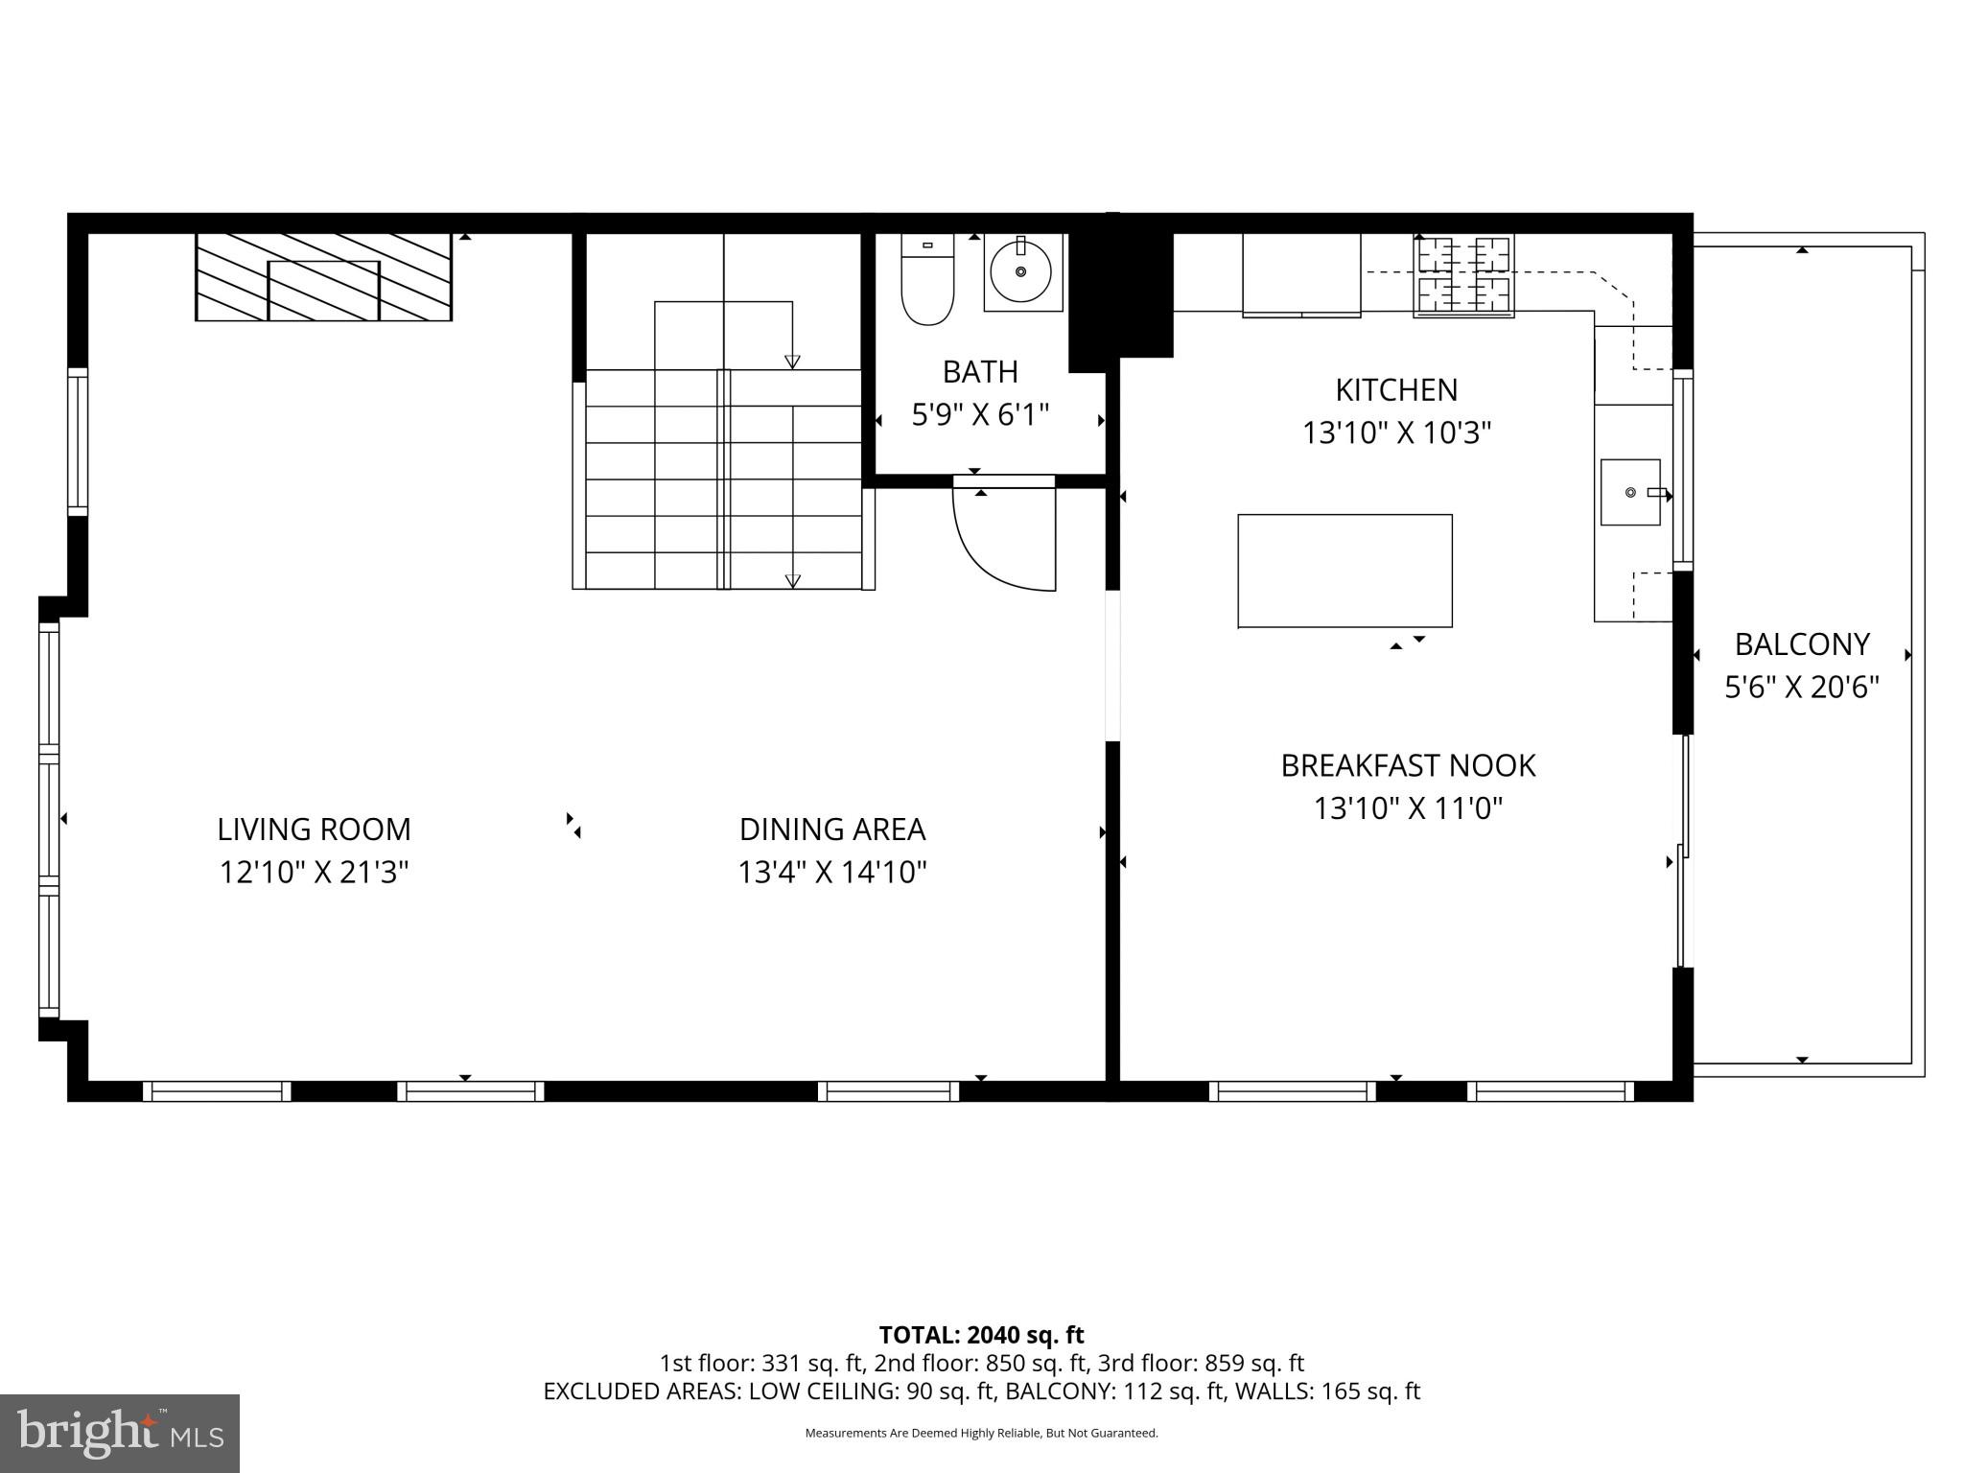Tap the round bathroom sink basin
pyautogui.click(x=1020, y=271)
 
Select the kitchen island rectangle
pyautogui.click(x=1344, y=571)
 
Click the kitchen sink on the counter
pyautogui.click(x=1630, y=492)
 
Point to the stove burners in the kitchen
pyautogui.click(x=1463, y=276)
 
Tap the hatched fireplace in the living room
pyautogui.click(x=323, y=276)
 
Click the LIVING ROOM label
pyautogui.click(x=314, y=829)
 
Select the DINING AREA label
pyautogui.click(x=832, y=829)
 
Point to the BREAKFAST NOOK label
pyautogui.click(x=1408, y=765)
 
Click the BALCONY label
pyautogui.click(x=1802, y=644)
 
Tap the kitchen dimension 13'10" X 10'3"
pyautogui.click(x=1396, y=433)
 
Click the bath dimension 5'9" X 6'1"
pyautogui.click(x=980, y=415)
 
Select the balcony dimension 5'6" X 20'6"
pyautogui.click(x=1802, y=688)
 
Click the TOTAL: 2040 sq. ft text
pyautogui.click(x=981, y=1335)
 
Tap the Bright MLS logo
pyautogui.click(x=120, y=1433)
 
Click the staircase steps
pyautogui.click(x=724, y=479)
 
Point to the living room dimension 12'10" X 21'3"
pyautogui.click(x=314, y=873)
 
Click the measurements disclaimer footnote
pyautogui.click(x=981, y=1434)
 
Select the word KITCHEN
pyautogui.click(x=1396, y=389)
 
